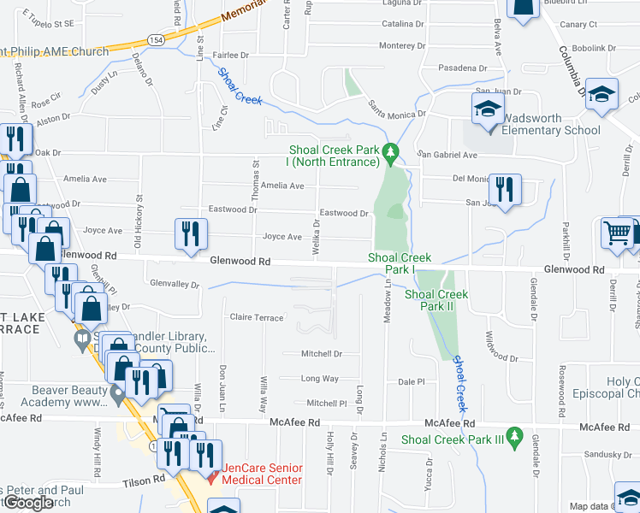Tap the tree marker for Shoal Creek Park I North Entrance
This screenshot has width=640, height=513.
391,153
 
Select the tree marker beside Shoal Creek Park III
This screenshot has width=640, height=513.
513,435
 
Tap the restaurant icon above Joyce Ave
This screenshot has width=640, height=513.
190,233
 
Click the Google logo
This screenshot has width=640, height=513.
28,503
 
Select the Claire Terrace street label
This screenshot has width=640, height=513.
257,317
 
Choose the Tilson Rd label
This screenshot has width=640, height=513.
146,481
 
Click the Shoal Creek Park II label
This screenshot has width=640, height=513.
436,301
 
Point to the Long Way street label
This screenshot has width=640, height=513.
320,378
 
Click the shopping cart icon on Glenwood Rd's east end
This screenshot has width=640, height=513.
616,233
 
